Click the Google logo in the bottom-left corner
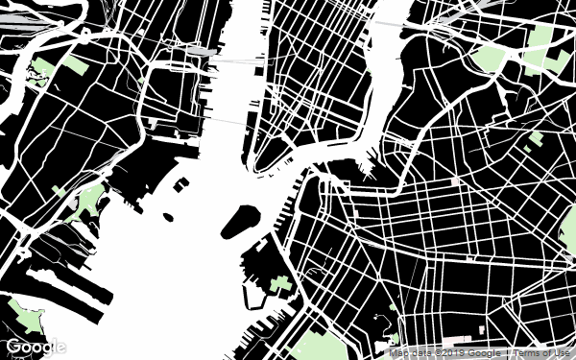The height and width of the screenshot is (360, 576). [x=36, y=347]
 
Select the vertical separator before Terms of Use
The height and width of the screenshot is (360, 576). [x=509, y=353]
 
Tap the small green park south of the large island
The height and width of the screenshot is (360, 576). [x=281, y=285]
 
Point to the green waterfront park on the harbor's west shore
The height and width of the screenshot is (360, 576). [x=89, y=202]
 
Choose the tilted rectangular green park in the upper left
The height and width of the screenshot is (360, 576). [x=75, y=64]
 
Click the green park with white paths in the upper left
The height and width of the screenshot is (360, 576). [x=41, y=70]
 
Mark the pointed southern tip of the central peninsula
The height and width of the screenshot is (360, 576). [x=258, y=170]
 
